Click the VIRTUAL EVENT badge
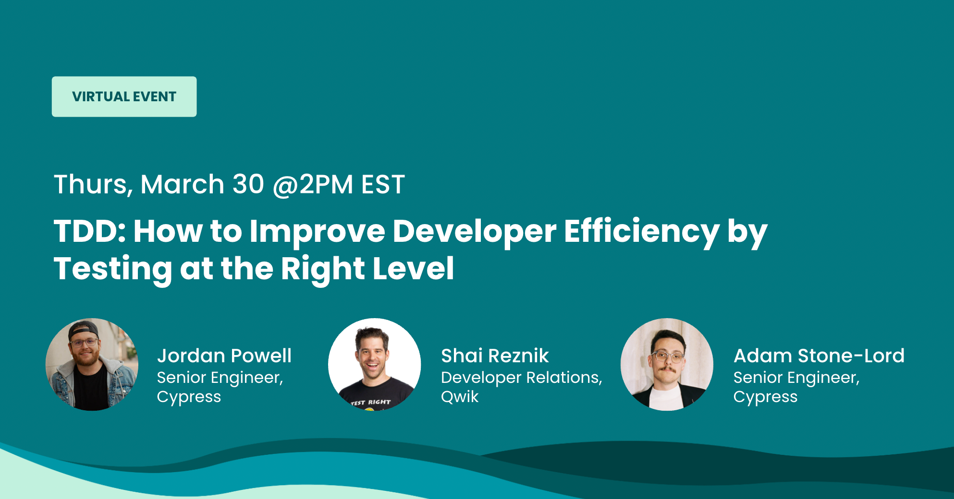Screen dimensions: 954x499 pyautogui.click(x=124, y=96)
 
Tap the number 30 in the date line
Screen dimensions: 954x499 pyautogui.click(x=248, y=184)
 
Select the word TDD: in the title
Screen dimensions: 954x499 pyautogui.click(x=90, y=231)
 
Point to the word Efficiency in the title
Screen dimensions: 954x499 pyautogui.click(x=642, y=231)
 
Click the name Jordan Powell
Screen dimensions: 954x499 pyautogui.click(x=224, y=356)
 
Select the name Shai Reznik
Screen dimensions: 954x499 pyautogui.click(x=495, y=356)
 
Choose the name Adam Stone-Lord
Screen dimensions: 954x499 pyautogui.click(x=819, y=356)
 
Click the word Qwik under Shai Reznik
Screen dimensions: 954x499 pyautogui.click(x=460, y=397)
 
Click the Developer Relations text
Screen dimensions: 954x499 pyautogui.click(x=521, y=378)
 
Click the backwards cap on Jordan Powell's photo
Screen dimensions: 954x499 pyautogui.click(x=83, y=330)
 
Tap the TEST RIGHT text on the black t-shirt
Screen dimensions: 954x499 pyautogui.click(x=371, y=403)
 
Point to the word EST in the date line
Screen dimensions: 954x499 pyautogui.click(x=383, y=185)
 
